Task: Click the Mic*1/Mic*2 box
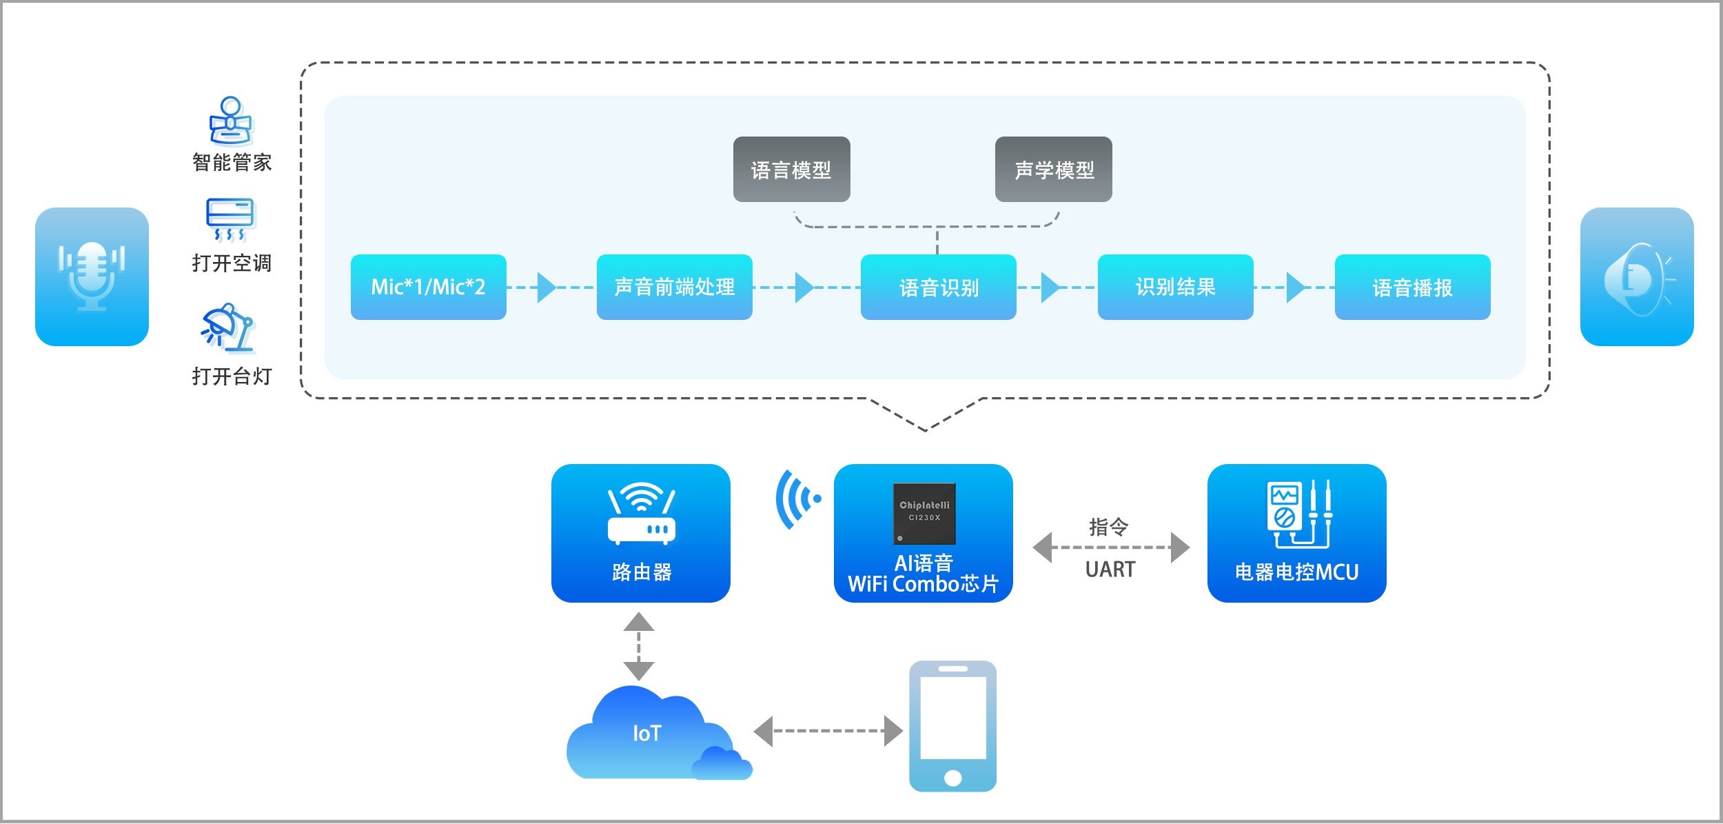[x=428, y=287]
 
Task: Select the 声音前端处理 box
[x=674, y=287]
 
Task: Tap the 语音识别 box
[x=938, y=287]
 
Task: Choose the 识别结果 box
[x=1175, y=287]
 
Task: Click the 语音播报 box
[x=1412, y=287]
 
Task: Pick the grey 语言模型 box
[x=791, y=169]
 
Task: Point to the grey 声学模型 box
[x=1053, y=169]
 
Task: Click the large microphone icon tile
[x=92, y=277]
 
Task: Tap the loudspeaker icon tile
[x=1636, y=277]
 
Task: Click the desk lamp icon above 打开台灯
[x=228, y=328]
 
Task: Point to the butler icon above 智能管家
[x=231, y=120]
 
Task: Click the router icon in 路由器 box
[x=641, y=513]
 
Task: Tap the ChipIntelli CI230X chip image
[x=924, y=513]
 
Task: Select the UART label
[x=1110, y=570]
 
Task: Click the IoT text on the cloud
[x=646, y=733]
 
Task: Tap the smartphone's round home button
[x=952, y=778]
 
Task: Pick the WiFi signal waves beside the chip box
[x=797, y=499]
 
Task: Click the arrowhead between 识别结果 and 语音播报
[x=1295, y=287]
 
